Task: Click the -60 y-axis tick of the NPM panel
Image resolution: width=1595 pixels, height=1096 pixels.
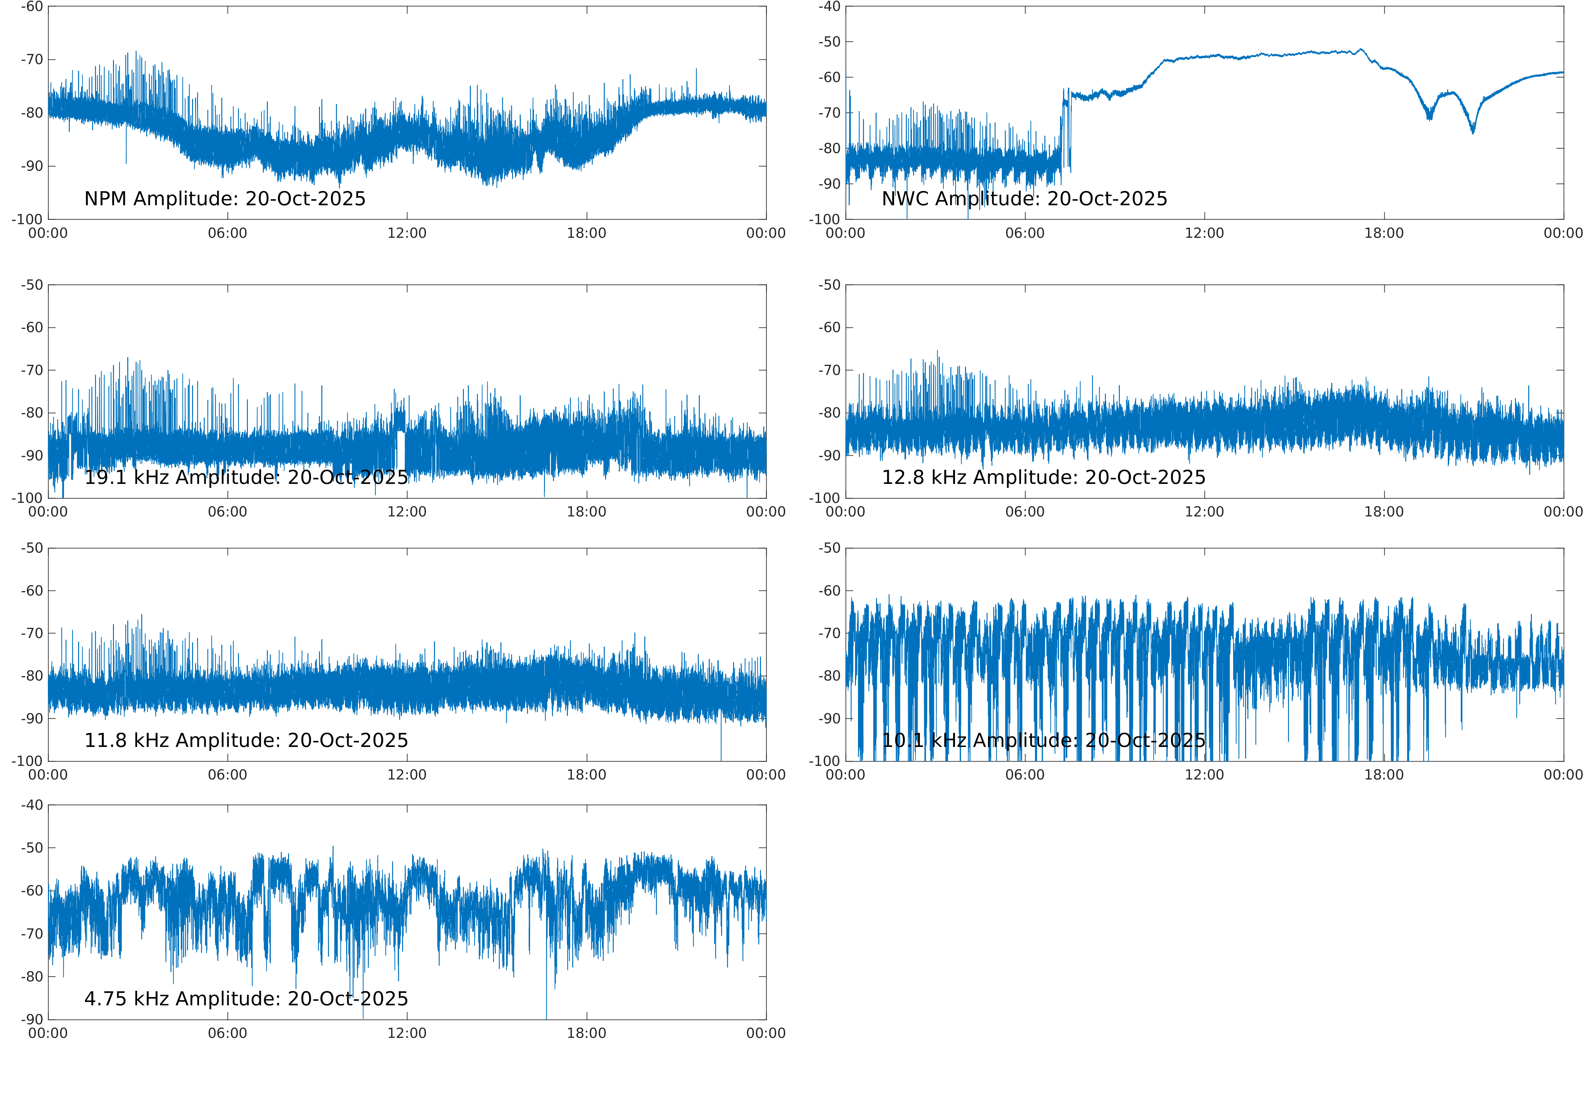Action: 32,7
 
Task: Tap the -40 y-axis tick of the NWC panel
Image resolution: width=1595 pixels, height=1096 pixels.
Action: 829,7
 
